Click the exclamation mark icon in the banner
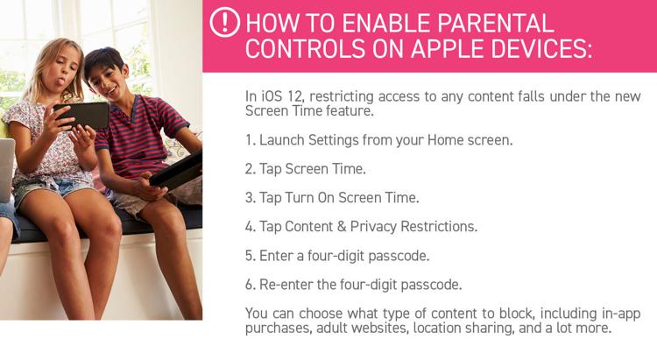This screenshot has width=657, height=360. pos(225,22)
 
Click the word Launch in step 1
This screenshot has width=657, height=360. pos(282,140)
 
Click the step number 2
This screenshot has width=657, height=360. pos(250,169)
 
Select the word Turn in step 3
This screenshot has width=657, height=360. pos(300,198)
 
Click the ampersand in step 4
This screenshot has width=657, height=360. pos(342,227)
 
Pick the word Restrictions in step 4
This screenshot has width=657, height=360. pos(439,227)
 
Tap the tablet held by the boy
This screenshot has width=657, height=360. pos(176,171)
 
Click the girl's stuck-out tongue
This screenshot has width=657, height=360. pos(61,81)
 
